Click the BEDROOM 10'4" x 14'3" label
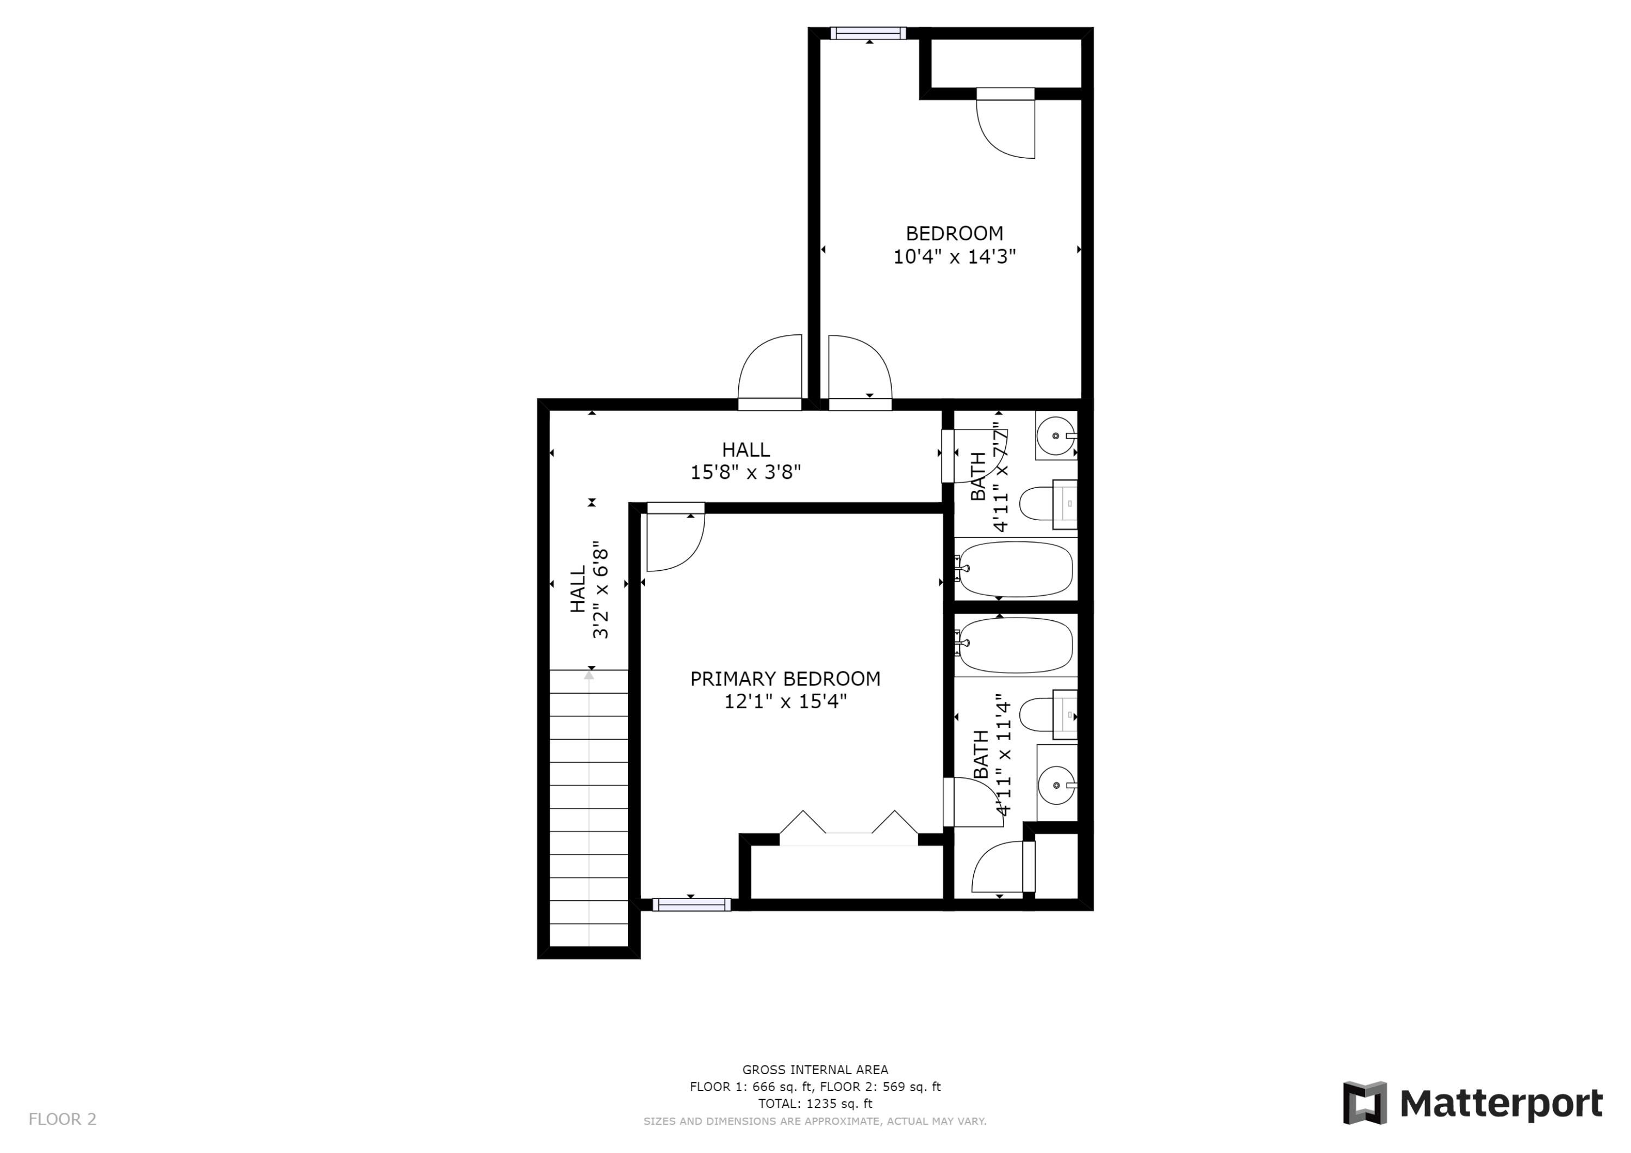pos(954,245)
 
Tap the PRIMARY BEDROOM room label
pos(785,690)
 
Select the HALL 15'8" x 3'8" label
pos(745,460)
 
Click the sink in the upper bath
pos(1056,435)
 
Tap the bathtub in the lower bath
pos(1014,644)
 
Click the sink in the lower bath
pos(1056,785)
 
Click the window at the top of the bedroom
pos(868,33)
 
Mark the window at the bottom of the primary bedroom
pos(691,905)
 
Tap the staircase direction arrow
pos(589,675)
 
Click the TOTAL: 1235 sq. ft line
pos(815,1104)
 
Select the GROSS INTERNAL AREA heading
pos(815,1069)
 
